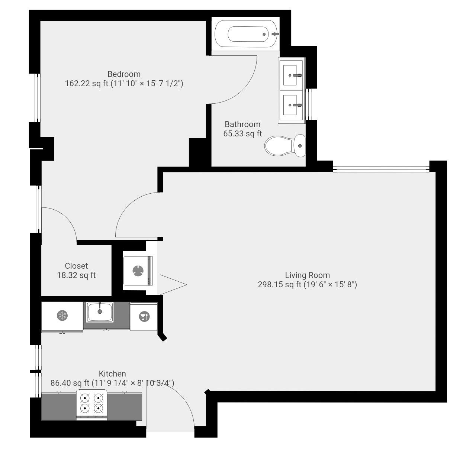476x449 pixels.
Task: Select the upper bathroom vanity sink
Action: click(292, 75)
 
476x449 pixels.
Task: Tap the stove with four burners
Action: click(92, 404)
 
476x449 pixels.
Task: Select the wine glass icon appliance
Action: click(144, 317)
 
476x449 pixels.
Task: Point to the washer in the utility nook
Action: click(138, 271)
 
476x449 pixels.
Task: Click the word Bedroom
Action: click(124, 74)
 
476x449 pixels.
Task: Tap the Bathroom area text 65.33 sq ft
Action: click(242, 134)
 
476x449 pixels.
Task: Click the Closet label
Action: click(76, 266)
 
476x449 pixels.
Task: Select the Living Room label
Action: click(307, 275)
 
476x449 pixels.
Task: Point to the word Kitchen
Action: click(112, 374)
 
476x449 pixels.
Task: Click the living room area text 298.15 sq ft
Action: click(279, 285)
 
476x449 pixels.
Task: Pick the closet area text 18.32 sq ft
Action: click(76, 275)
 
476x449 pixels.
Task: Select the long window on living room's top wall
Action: click(381, 169)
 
